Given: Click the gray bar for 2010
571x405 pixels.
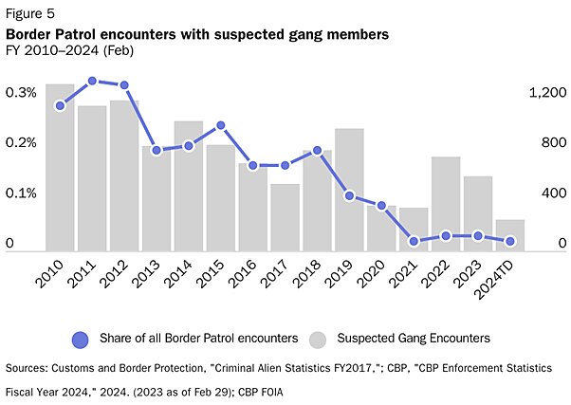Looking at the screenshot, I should [x=60, y=166].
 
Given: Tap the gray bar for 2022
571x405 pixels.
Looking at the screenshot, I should [x=446, y=202].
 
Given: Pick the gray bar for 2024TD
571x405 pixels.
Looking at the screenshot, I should [x=510, y=233].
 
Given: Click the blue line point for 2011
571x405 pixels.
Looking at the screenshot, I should [x=92, y=82].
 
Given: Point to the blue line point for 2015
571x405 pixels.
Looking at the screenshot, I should [x=220, y=125].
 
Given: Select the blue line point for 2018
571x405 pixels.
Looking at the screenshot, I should [x=317, y=150].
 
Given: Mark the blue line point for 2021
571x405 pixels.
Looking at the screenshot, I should [x=414, y=241].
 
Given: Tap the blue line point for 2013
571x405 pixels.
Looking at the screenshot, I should [x=157, y=150].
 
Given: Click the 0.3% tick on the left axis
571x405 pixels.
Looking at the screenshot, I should [x=21, y=93].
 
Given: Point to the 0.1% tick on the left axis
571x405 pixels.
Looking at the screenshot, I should [x=21, y=193].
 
